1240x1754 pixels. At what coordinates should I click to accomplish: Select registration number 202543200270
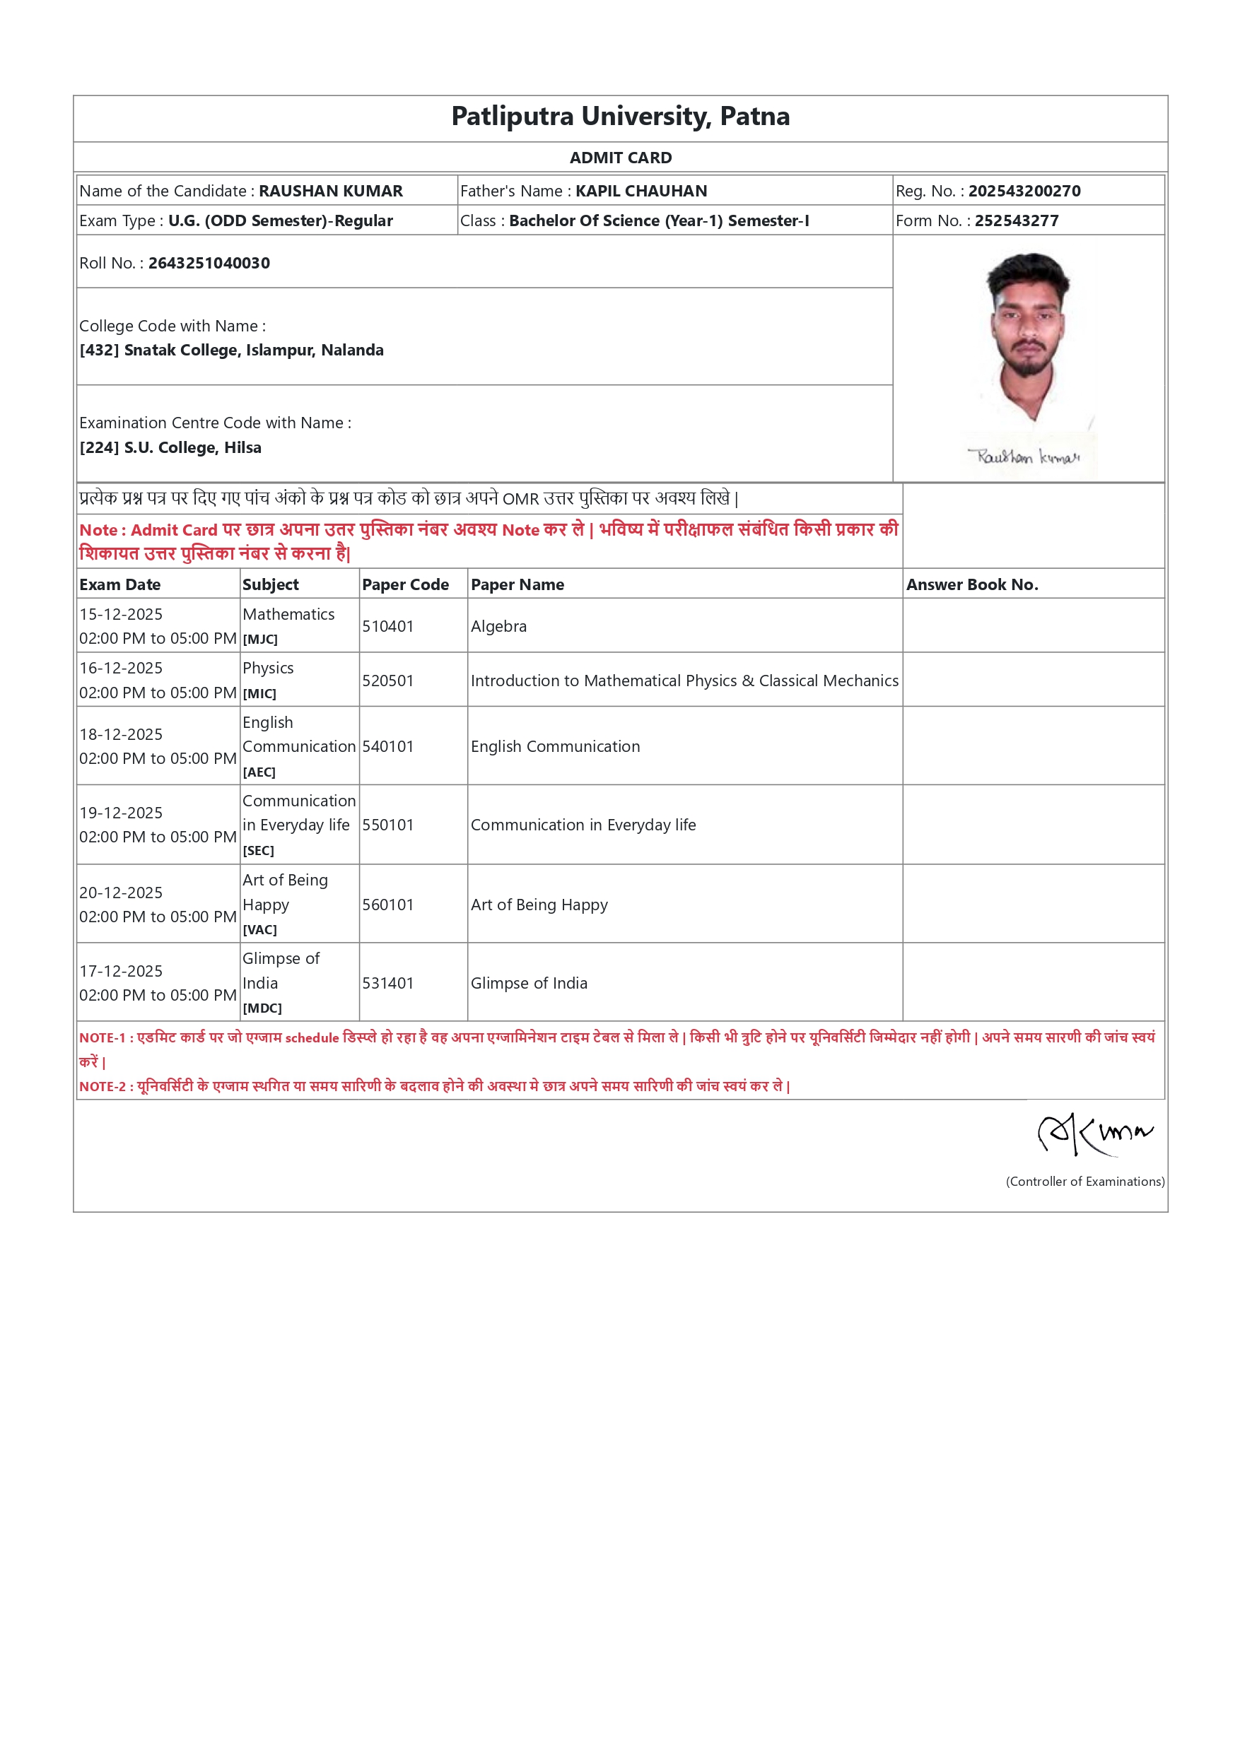[x=1024, y=191]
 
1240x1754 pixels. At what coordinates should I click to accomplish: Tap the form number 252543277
[x=1016, y=220]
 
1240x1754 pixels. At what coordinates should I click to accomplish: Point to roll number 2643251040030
[x=209, y=263]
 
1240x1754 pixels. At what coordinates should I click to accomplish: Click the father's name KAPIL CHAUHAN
[x=641, y=191]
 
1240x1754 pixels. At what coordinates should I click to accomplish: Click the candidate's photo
[x=1029, y=336]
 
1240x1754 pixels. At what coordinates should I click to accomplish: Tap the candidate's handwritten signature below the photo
[x=1024, y=457]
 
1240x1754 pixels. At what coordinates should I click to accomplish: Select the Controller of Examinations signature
[x=1094, y=1134]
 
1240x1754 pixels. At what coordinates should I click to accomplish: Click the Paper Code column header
[x=405, y=584]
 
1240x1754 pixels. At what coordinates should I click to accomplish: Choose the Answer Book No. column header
[x=971, y=584]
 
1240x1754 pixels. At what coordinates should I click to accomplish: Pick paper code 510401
[x=387, y=626]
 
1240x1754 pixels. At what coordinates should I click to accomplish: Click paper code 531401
[x=387, y=983]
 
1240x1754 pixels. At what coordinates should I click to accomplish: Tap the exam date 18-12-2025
[x=121, y=734]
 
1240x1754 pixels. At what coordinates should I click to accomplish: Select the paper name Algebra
[x=498, y=626]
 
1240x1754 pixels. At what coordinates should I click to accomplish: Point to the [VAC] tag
[x=259, y=930]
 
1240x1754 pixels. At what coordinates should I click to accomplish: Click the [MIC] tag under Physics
[x=259, y=694]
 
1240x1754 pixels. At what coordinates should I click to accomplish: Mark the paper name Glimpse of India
[x=529, y=983]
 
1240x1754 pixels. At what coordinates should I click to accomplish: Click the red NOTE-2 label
[x=103, y=1086]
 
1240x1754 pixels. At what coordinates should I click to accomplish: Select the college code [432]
[x=98, y=350]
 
